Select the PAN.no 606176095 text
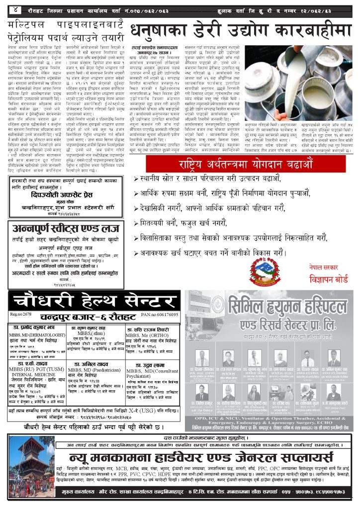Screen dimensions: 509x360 click(160, 315)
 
